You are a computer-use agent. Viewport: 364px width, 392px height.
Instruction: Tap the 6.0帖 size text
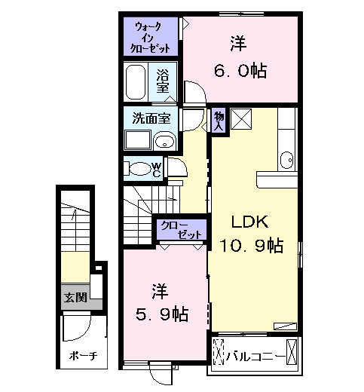238,71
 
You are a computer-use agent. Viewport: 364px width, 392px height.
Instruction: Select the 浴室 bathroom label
162,81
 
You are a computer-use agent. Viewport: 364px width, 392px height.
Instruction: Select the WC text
156,168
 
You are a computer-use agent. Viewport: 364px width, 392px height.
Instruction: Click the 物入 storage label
219,121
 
